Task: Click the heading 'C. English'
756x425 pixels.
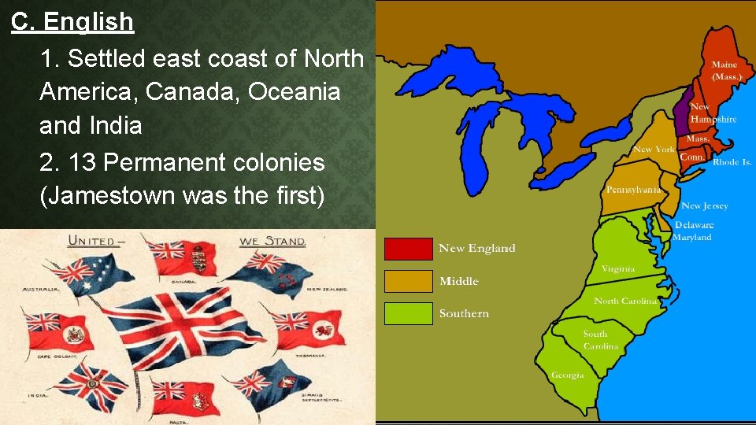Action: [x=72, y=22]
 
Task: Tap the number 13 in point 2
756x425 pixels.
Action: [x=83, y=162]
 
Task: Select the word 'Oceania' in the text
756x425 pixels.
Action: [x=295, y=92]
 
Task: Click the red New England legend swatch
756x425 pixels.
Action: [x=408, y=249]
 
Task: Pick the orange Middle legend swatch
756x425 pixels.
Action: [x=408, y=281]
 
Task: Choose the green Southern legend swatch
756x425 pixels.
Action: [x=408, y=313]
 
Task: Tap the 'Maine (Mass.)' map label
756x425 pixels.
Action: [x=724, y=71]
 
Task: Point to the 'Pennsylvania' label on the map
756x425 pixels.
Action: [x=632, y=190]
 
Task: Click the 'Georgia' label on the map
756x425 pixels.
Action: [x=567, y=375]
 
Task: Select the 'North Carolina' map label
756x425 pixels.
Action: [x=625, y=301]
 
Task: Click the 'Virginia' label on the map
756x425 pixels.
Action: [x=618, y=268]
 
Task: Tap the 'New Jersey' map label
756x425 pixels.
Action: [x=704, y=206]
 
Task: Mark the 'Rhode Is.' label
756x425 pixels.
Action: [x=732, y=162]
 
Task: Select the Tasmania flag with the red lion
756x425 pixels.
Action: [x=303, y=327]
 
